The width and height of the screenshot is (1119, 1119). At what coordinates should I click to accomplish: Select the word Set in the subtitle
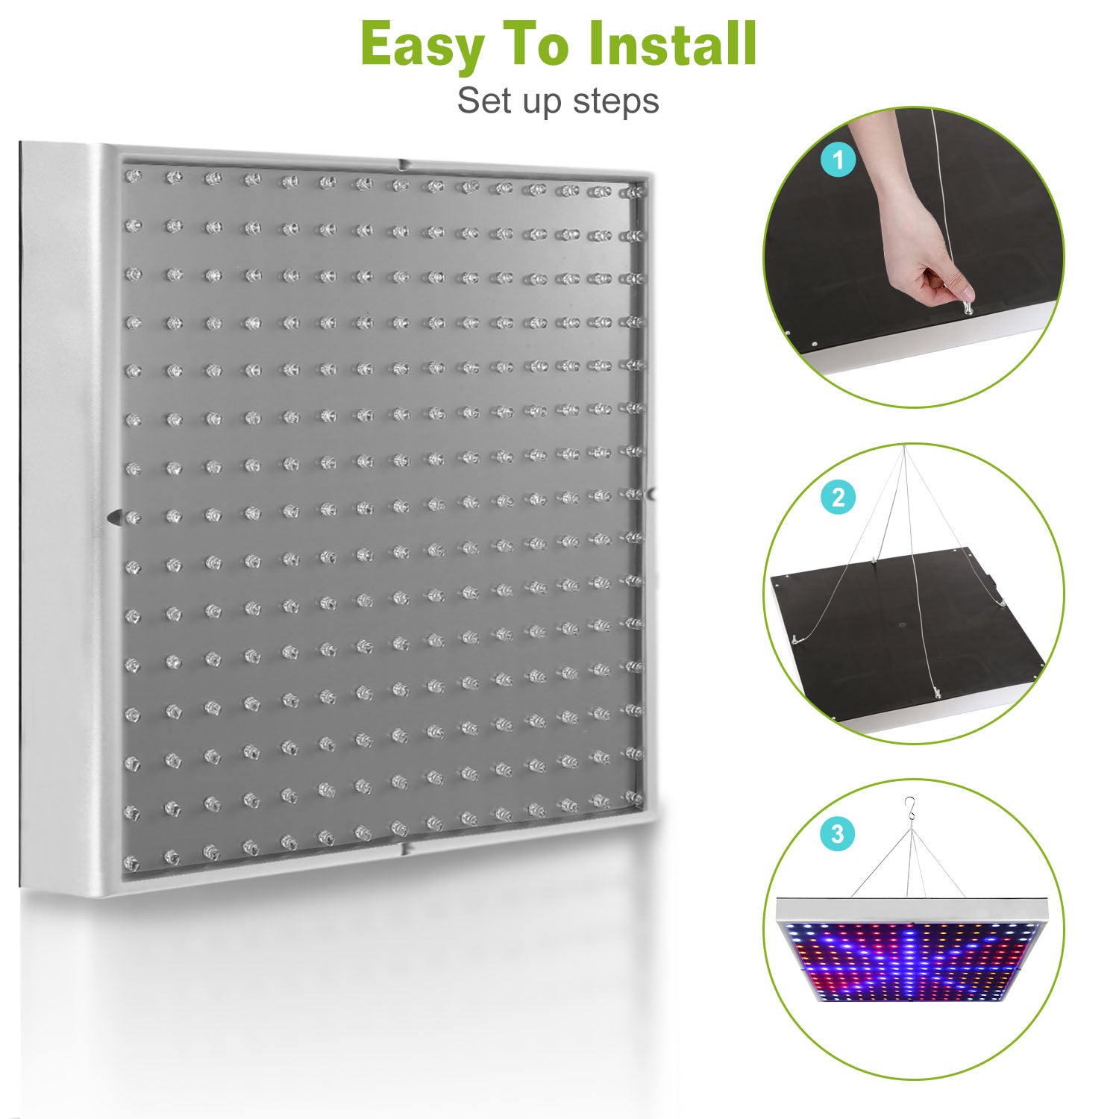click(x=483, y=101)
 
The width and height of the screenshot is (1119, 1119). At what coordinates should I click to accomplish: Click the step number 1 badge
click(x=838, y=160)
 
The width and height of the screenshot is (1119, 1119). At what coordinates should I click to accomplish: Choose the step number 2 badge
click(x=838, y=497)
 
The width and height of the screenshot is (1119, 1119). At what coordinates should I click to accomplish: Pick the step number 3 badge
click(x=838, y=833)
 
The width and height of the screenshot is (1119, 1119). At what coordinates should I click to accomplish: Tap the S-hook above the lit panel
click(x=909, y=807)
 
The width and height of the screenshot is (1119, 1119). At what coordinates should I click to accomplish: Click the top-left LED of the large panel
click(x=134, y=177)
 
